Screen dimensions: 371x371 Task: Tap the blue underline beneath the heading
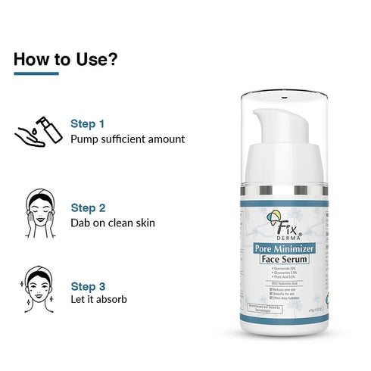coord(36,73)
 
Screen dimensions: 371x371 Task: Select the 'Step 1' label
coord(87,123)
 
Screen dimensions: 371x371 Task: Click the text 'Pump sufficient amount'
coord(127,139)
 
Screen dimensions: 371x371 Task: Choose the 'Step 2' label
coord(87,207)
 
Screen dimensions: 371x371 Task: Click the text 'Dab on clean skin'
coord(113,223)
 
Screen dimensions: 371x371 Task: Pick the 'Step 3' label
coord(87,286)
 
